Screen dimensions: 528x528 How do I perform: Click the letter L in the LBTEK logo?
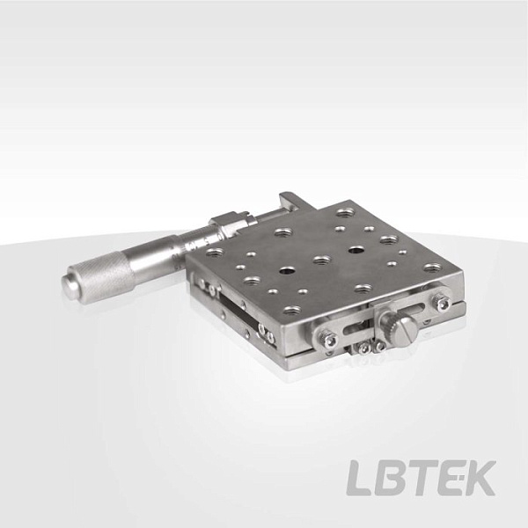(360, 478)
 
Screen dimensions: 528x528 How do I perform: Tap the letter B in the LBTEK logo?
(392, 478)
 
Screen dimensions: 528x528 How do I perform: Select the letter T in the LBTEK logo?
(423, 478)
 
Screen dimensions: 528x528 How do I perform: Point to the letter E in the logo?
(450, 478)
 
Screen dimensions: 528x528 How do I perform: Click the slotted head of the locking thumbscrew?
(405, 332)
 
